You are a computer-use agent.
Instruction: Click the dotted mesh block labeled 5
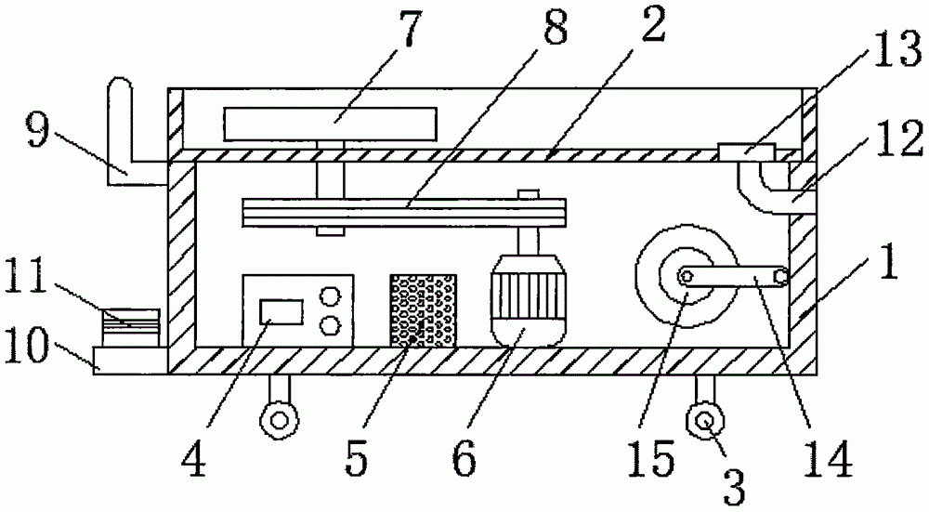[x=424, y=310]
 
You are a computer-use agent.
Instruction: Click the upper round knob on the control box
[x=329, y=296]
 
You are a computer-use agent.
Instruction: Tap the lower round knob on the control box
[x=329, y=325]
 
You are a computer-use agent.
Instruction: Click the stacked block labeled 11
[x=131, y=326]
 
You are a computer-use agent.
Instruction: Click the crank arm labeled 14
[x=733, y=276]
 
